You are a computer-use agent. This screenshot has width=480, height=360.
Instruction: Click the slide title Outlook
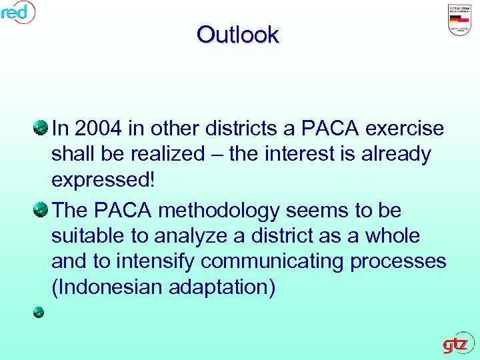coord(238,35)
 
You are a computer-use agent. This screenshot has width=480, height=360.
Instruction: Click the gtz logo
coord(458,344)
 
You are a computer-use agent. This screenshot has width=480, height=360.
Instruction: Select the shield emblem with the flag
coord(459,21)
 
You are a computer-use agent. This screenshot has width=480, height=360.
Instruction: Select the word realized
coord(170,154)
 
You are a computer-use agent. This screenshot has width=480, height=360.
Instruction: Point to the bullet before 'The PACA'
coord(39,209)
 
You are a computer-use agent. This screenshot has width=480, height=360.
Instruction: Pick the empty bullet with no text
coord(39,311)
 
